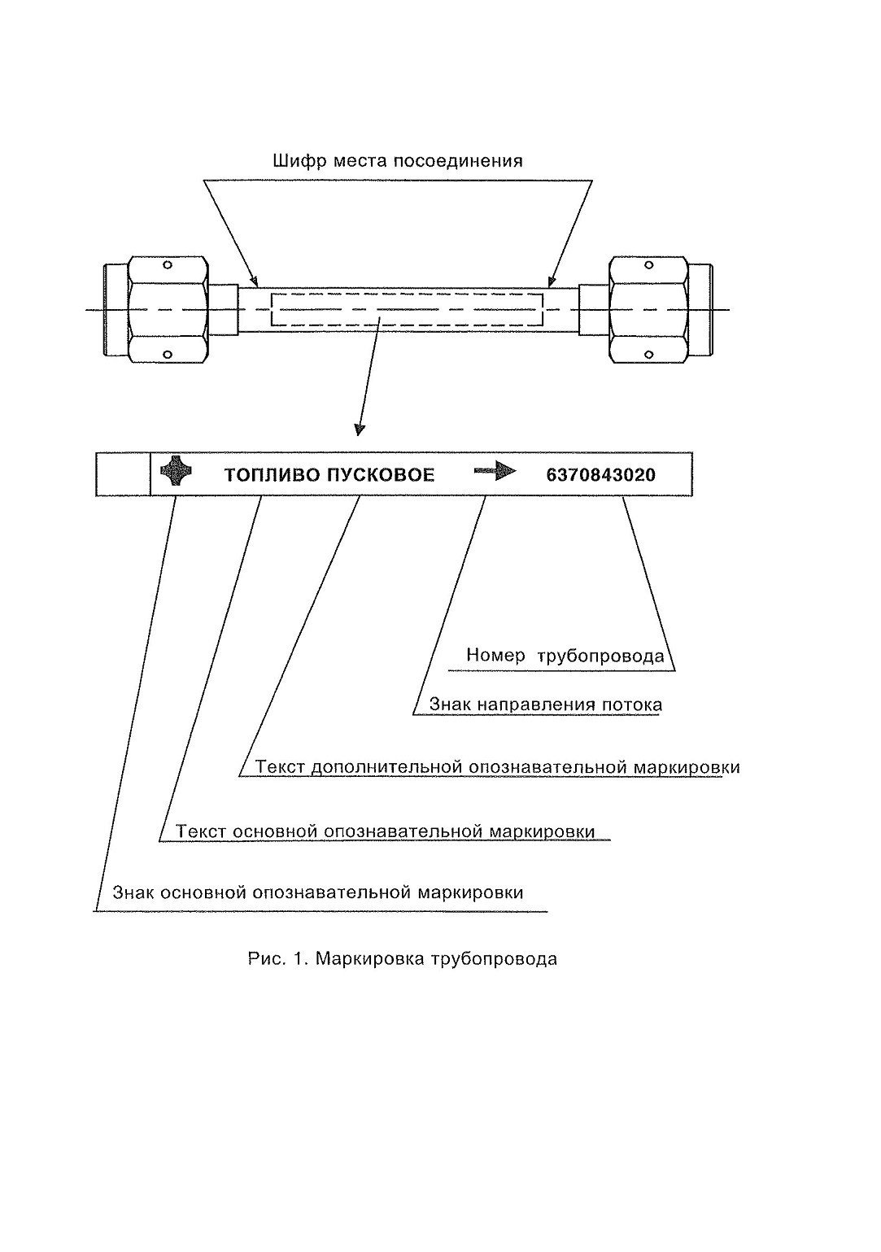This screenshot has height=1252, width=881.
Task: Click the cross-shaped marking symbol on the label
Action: pos(176,470)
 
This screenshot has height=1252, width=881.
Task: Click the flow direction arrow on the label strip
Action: pos(495,472)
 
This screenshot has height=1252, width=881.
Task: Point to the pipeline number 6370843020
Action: pos(601,475)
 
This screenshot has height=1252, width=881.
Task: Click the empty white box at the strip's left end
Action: pos(123,474)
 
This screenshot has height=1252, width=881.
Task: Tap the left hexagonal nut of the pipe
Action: pos(168,310)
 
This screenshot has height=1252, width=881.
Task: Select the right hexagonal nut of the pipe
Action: pos(649,310)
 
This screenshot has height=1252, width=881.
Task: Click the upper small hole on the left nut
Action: pos(167,264)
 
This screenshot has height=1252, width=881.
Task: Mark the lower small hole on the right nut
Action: pos(648,355)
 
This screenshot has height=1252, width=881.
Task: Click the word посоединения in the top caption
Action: pos(458,162)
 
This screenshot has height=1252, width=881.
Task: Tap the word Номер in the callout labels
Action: pos(496,655)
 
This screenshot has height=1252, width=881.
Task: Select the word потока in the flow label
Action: pos(632,705)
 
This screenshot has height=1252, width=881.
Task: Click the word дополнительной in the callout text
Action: pos(386,768)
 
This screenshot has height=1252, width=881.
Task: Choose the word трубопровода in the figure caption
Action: pos(494,960)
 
